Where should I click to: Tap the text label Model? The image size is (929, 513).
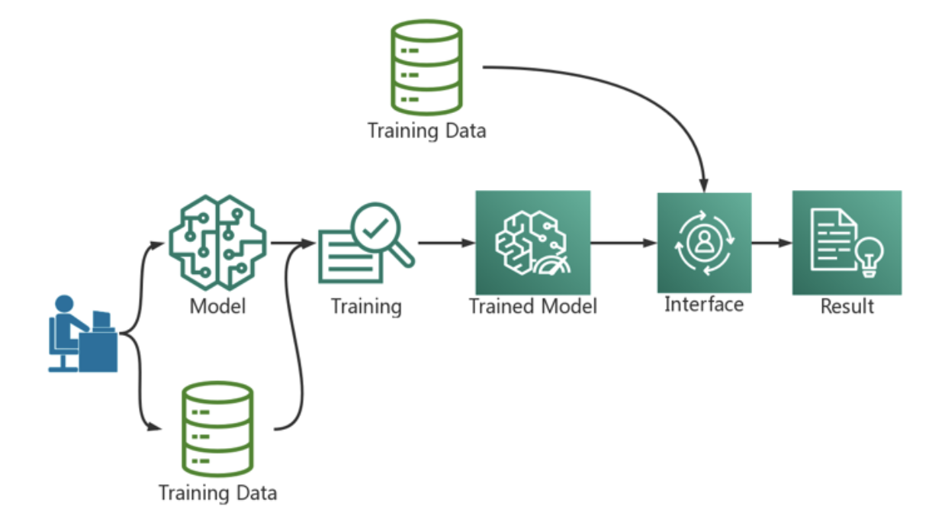pos(217,307)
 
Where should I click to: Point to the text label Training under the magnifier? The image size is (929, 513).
pos(366,307)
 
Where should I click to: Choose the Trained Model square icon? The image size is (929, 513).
pos(532,243)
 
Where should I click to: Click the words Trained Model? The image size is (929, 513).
pos(532,307)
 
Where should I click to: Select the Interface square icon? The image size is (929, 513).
pos(704,243)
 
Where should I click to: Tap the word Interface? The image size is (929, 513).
pos(704,305)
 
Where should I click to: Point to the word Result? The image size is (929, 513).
pos(847,307)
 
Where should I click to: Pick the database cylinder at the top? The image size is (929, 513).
pos(426,67)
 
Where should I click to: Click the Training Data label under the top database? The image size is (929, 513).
pos(426,131)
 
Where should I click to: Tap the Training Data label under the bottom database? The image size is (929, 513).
pos(217,492)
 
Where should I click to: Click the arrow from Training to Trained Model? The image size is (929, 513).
pos(445,244)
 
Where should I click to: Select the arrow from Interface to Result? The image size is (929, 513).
pos(771,244)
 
